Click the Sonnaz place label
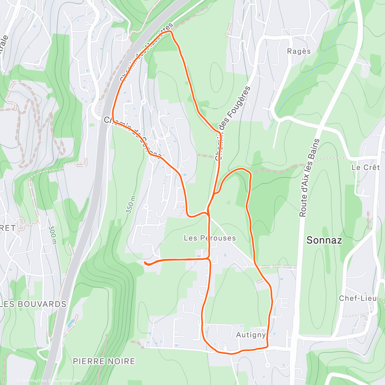(324, 240)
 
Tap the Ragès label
(299, 51)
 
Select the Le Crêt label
(365, 167)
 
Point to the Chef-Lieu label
(358, 298)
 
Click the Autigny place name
(251, 335)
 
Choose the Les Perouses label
(210, 238)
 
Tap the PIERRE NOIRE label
(104, 361)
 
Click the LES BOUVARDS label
(33, 304)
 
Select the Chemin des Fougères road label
(232, 124)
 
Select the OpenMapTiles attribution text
(33, 381)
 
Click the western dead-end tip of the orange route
(145, 262)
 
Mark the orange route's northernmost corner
(170, 31)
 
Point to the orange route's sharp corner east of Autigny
(267, 346)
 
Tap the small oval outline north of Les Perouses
(228, 202)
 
